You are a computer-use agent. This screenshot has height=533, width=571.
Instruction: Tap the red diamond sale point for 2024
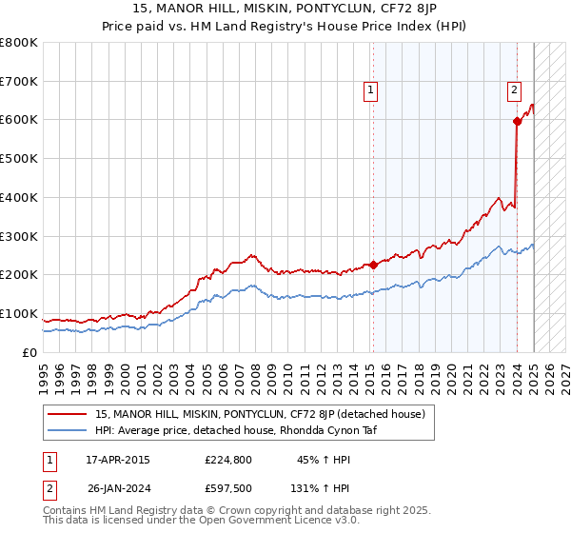point(517,121)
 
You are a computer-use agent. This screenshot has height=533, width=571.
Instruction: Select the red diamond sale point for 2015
point(373,265)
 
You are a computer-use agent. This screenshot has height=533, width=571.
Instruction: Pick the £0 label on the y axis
point(30,352)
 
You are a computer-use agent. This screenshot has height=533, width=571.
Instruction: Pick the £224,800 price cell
point(228,460)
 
